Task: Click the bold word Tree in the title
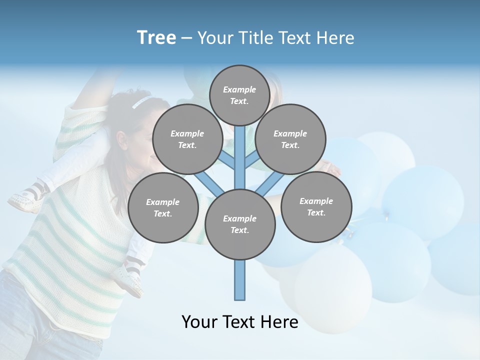156,38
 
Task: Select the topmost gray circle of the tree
239,95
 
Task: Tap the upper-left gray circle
187,139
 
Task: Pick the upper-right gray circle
290,139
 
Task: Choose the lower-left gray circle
162,207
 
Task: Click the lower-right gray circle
316,206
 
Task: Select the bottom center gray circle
239,224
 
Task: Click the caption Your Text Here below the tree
239,322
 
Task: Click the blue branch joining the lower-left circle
207,182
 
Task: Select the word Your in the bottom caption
199,322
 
